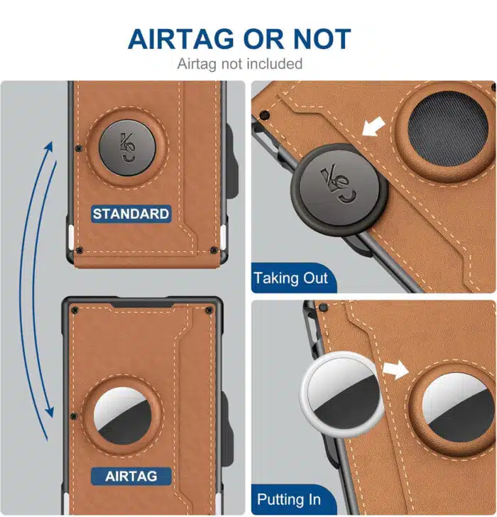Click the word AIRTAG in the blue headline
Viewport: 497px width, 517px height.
[181, 39]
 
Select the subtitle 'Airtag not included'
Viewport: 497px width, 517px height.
[239, 64]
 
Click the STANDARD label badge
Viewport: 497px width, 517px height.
[131, 214]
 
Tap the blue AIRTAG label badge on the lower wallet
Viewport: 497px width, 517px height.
[131, 476]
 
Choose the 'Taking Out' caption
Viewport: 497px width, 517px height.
[290, 278]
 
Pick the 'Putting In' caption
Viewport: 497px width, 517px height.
[289, 499]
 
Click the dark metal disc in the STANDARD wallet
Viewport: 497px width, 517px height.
[128, 148]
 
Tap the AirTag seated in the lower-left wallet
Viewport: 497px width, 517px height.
[122, 416]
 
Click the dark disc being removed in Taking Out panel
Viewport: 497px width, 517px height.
[339, 190]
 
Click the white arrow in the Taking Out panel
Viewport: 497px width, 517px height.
[373, 126]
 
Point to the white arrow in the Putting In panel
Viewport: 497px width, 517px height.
[395, 369]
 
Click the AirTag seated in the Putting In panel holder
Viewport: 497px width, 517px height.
[458, 408]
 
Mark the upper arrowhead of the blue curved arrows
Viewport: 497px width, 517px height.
[50, 148]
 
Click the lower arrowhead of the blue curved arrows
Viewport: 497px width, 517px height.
[50, 411]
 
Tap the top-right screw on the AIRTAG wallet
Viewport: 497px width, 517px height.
[209, 310]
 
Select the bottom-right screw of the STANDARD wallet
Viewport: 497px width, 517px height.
[214, 250]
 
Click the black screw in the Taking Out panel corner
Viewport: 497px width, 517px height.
[264, 115]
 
